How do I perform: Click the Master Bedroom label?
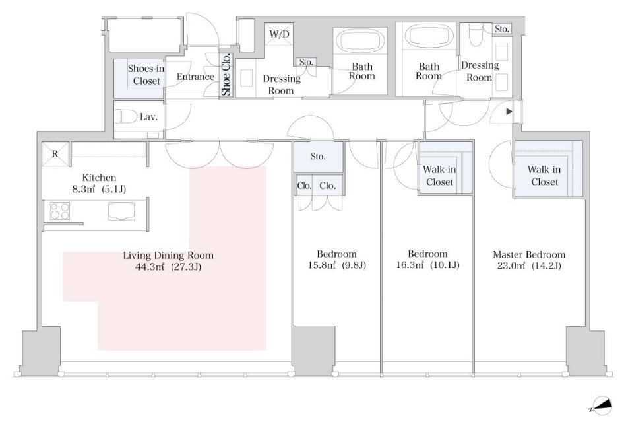pyautogui.click(x=529, y=255)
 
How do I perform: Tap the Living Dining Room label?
pyautogui.click(x=168, y=256)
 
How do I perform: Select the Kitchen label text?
pyautogui.click(x=99, y=178)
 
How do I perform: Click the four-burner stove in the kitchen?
pyautogui.click(x=59, y=211)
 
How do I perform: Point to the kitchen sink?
pyautogui.click(x=121, y=211)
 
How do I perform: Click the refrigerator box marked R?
pyautogui.click(x=55, y=154)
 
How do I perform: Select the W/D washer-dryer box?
pyautogui.click(x=280, y=34)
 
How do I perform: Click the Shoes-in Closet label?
pyautogui.click(x=146, y=75)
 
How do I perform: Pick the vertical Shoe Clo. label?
pyautogui.click(x=226, y=75)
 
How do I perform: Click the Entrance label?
pyautogui.click(x=195, y=77)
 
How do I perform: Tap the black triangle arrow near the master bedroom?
pyautogui.click(x=509, y=112)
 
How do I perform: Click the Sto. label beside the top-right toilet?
pyautogui.click(x=502, y=29)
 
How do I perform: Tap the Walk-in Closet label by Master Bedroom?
pyautogui.click(x=544, y=176)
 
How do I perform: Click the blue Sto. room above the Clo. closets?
pyautogui.click(x=319, y=157)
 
